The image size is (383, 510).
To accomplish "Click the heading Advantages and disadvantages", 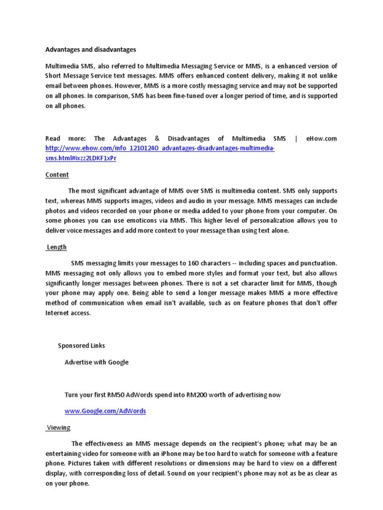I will tap(91, 50).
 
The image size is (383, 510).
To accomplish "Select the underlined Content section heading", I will tap(57, 175).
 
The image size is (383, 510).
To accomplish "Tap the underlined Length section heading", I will tap(56, 247).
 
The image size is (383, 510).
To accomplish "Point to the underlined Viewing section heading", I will tap(58, 427).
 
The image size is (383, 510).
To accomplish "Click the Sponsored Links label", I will tap(81, 345).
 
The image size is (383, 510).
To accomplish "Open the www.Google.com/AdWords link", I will tap(105, 411).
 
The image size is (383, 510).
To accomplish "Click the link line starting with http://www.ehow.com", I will tap(160, 148).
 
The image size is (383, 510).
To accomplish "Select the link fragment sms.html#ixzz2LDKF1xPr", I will tap(81, 158).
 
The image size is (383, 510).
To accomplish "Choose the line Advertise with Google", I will tap(96, 362).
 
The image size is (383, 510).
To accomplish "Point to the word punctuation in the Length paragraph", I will tap(318, 263).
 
